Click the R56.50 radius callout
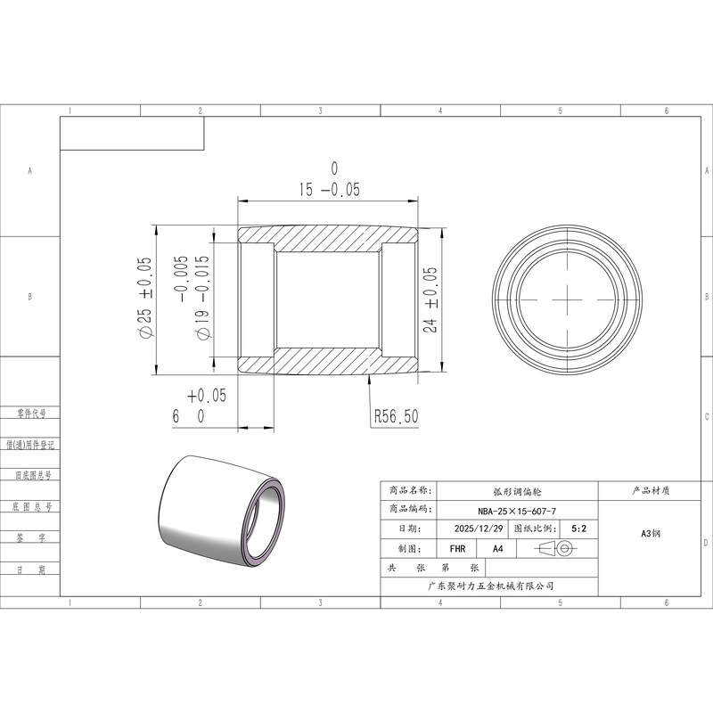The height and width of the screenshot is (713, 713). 396,416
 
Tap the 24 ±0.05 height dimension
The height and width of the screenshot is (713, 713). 430,299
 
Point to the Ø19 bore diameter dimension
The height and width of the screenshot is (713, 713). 194,297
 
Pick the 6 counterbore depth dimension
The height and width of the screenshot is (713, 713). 199,406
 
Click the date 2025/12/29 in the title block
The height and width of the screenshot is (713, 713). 479,529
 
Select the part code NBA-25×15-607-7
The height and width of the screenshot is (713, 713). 517,511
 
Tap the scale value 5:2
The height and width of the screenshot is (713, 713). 578,529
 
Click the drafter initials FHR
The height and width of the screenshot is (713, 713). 457,549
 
